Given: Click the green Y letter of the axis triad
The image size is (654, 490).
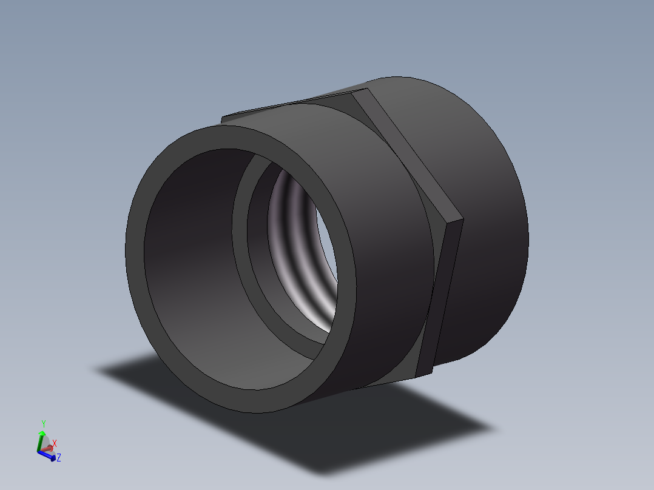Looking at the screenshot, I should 43,423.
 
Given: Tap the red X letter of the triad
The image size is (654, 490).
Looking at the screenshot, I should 55,443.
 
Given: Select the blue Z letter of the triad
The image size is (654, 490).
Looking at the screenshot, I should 58,458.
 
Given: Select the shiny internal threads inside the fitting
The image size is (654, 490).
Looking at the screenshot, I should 297,243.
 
